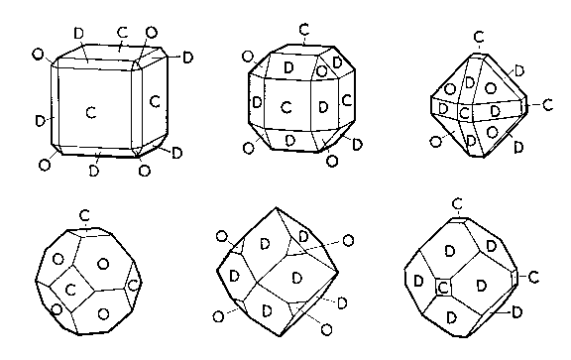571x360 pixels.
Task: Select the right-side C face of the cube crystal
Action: coord(154,102)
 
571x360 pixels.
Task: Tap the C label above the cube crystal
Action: coord(123,33)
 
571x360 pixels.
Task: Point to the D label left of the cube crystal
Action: coord(40,120)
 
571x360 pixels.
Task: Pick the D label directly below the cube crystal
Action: coord(94,171)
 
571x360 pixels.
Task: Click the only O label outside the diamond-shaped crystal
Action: coord(435,142)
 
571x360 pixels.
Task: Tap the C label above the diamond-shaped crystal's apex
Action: coord(479,37)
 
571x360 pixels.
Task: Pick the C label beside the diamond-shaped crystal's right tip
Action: coord(547,105)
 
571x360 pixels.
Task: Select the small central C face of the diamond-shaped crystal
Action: coord(464,113)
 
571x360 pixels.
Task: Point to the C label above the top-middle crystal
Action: coord(304,29)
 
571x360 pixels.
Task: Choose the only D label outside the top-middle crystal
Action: coord(357,144)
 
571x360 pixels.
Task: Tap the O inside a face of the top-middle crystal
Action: coord(321,71)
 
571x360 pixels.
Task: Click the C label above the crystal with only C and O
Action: coord(84,216)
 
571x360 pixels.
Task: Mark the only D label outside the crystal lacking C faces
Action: coord(342,302)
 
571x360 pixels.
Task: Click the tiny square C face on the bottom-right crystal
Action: coord(443,288)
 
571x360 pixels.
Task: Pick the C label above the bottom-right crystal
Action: coord(457,204)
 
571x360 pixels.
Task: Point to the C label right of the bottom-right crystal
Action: coord(533,277)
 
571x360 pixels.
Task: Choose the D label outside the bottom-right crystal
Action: coord(516,312)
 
